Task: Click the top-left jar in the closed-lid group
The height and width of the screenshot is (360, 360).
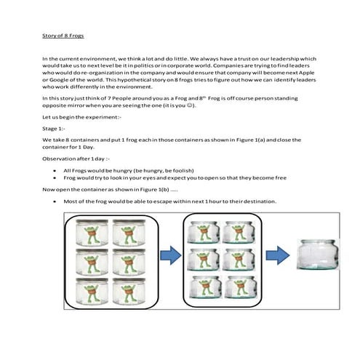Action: tap(92, 232)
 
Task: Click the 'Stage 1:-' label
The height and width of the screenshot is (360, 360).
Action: tap(55, 127)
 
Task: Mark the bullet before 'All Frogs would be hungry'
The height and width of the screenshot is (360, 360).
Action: tap(55, 169)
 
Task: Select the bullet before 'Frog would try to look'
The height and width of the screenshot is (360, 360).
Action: tap(55, 178)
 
